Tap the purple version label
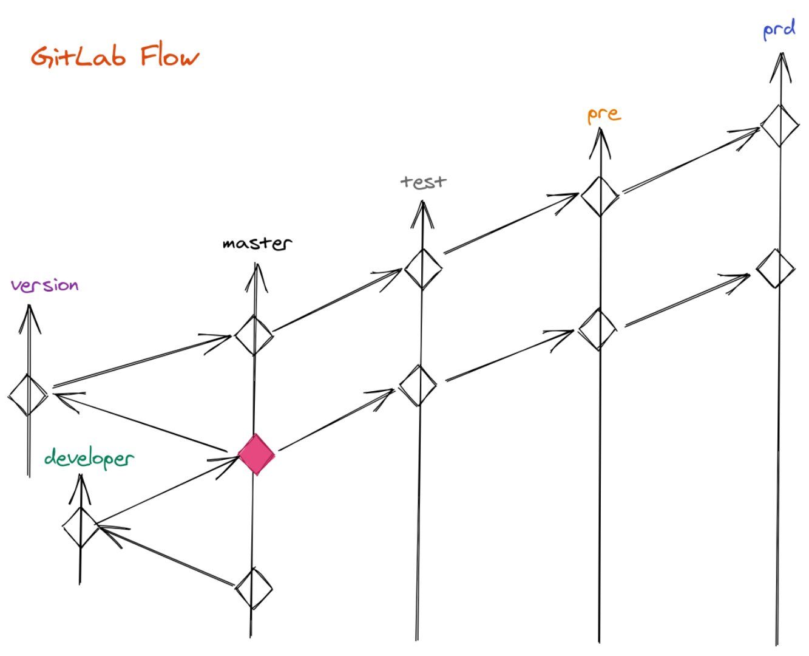click(45, 285)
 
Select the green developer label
click(89, 459)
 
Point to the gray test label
click(424, 181)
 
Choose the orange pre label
click(604, 114)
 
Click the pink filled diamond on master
click(256, 454)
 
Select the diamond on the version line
click(28, 395)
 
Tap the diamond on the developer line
click(81, 527)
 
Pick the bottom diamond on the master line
click(254, 588)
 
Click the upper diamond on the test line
click(422, 268)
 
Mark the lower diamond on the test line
click(418, 385)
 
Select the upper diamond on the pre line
click(600, 196)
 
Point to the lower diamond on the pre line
click(598, 329)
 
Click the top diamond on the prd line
click(779, 126)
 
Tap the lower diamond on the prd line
click(776, 268)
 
